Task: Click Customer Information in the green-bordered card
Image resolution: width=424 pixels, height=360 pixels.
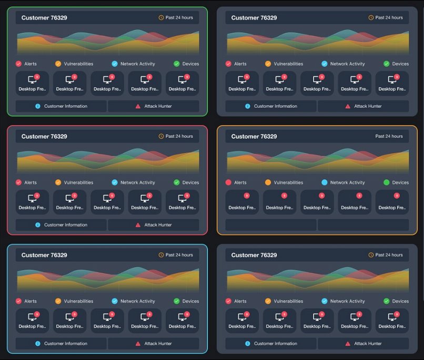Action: click(62, 106)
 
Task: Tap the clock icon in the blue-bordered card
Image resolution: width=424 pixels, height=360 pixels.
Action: click(161, 255)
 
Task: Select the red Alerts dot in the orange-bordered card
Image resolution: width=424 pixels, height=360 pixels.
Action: click(228, 182)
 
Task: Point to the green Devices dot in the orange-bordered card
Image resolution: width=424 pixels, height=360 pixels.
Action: click(387, 182)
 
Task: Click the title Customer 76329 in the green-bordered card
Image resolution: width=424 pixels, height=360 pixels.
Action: click(44, 18)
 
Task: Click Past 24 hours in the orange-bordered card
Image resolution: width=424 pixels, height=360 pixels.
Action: click(389, 136)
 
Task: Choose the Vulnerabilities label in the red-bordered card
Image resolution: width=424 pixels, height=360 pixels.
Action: click(78, 182)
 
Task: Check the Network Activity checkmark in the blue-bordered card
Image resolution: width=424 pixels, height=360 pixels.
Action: click(115, 301)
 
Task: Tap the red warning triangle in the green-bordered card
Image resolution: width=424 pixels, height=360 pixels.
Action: click(138, 106)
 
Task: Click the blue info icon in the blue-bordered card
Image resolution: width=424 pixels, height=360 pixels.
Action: click(38, 344)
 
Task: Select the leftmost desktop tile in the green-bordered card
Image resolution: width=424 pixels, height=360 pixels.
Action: click(32, 83)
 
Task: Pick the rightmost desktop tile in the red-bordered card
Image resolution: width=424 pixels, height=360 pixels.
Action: click(182, 202)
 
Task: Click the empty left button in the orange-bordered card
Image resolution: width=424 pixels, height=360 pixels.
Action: click(271, 225)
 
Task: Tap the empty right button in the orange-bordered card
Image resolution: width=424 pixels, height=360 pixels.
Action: click(364, 225)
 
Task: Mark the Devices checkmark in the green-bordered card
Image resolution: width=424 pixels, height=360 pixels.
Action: click(177, 64)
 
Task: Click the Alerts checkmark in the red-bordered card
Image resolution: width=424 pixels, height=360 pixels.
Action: click(18, 182)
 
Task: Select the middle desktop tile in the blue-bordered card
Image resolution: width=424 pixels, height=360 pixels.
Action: click(107, 321)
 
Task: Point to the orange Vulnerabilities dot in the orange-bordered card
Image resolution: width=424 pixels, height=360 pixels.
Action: click(268, 182)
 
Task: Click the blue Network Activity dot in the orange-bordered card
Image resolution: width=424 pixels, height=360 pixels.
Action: click(324, 182)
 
